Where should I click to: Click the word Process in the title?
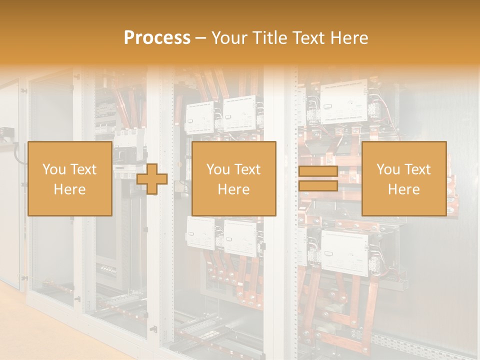pyautogui.click(x=157, y=38)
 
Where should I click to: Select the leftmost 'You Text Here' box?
pyautogui.click(x=69, y=178)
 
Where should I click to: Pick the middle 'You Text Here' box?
pyautogui.click(x=233, y=178)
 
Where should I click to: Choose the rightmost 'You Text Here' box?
pyautogui.click(x=403, y=178)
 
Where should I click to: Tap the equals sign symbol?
pyautogui.click(x=318, y=178)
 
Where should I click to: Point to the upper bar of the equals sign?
pyautogui.click(x=318, y=171)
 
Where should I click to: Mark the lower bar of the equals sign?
pyautogui.click(x=318, y=185)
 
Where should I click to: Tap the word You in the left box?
pyautogui.click(x=53, y=169)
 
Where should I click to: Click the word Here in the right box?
pyautogui.click(x=403, y=189)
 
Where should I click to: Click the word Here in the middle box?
pyautogui.click(x=233, y=189)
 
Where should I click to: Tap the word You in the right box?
pyautogui.click(x=388, y=169)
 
